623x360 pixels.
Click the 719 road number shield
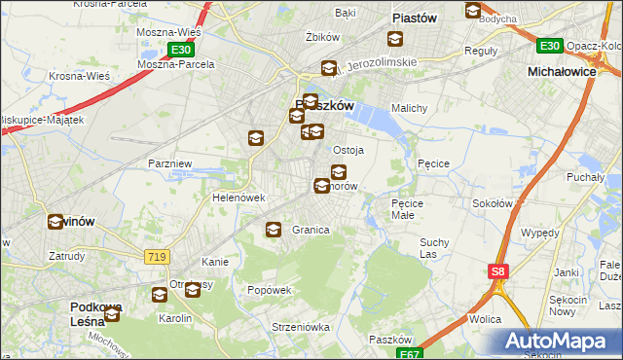158,256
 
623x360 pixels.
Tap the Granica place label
311,230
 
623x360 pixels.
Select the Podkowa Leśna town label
94,312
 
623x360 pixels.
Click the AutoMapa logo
563,342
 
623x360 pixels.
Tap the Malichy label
409,108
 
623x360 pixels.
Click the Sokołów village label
492,203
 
